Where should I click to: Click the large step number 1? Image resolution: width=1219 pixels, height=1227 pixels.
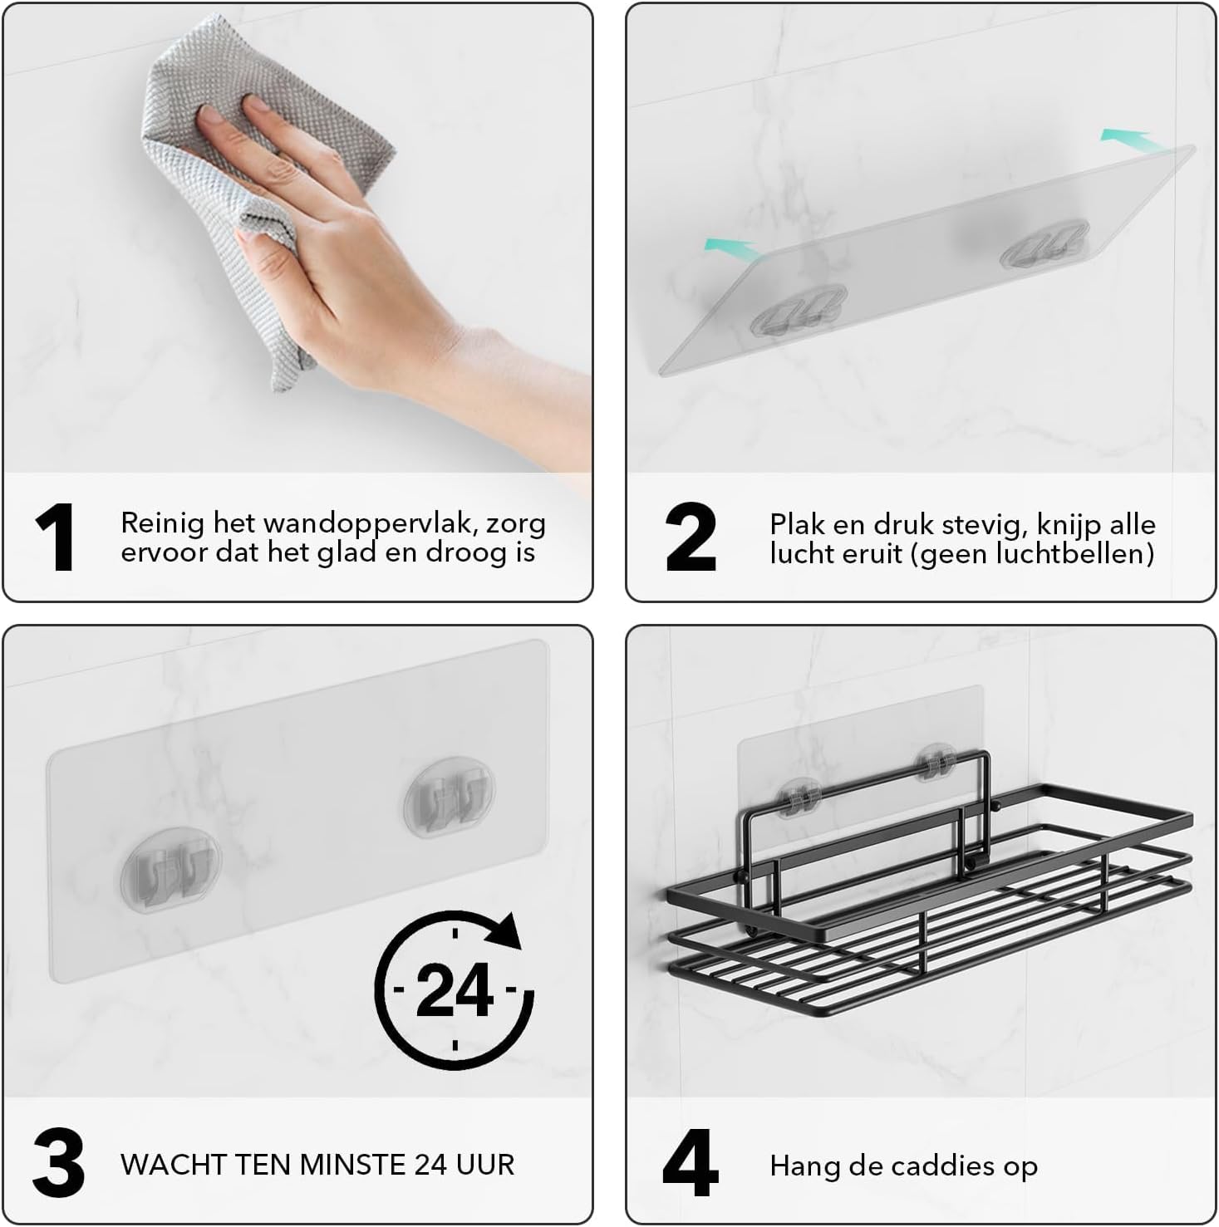point(57,537)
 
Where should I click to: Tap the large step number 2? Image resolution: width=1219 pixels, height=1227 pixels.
point(691,537)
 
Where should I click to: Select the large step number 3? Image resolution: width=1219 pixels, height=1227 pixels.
point(58,1162)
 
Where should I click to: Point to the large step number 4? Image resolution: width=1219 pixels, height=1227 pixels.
point(691,1162)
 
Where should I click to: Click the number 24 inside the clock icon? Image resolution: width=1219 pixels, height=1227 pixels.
point(454,990)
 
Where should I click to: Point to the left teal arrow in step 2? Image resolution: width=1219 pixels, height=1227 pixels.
point(730,246)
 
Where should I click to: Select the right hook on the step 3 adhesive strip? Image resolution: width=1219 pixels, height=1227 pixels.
point(450,796)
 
